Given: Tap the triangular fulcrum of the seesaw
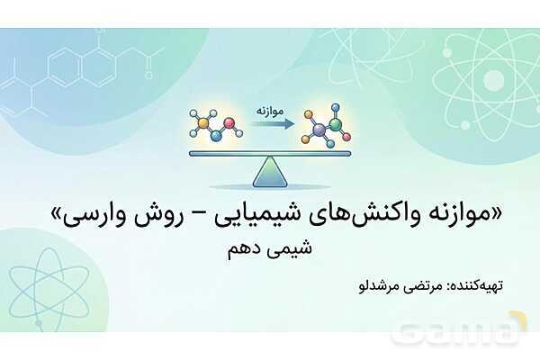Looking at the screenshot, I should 269,171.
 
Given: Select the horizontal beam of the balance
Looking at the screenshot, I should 269,153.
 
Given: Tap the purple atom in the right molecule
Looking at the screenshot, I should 318,130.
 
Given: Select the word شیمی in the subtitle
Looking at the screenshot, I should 294,252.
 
